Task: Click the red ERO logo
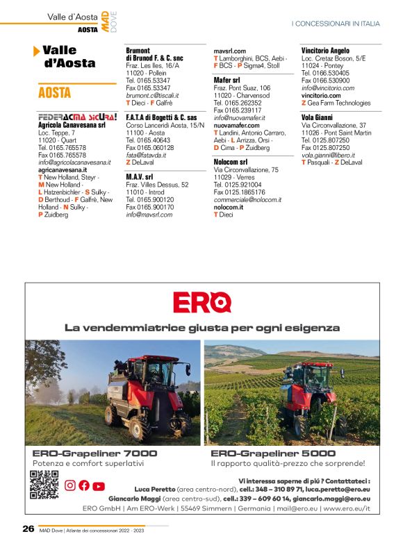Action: tap(201, 302)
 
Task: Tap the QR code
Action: tap(43, 484)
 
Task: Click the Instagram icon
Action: tap(70, 486)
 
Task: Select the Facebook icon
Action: tap(84, 486)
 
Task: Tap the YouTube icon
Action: tap(99, 486)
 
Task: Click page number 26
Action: tap(28, 528)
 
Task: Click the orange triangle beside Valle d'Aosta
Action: tap(36, 51)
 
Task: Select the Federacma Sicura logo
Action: tap(77, 117)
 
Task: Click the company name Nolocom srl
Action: tap(231, 161)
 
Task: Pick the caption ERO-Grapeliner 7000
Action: tap(90, 453)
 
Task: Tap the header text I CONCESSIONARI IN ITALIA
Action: tap(336, 24)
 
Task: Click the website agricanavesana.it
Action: tap(63, 169)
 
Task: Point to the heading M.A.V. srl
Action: tap(140, 177)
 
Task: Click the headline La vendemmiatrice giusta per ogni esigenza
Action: tap(201, 327)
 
